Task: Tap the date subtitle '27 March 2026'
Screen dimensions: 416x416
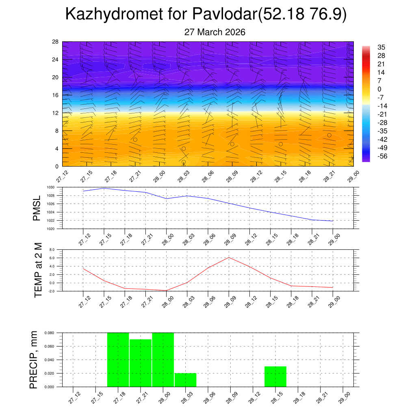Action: (x=214, y=32)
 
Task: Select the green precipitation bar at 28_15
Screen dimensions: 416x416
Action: (x=275, y=376)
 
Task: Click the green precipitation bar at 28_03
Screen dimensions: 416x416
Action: (x=186, y=379)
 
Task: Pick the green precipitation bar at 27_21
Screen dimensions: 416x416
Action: (x=140, y=362)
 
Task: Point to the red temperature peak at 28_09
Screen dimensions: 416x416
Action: (x=229, y=258)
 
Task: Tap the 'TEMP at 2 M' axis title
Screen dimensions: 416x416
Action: (x=38, y=270)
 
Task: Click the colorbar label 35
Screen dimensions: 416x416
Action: (x=381, y=47)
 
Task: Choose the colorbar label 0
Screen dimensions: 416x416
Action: (x=379, y=89)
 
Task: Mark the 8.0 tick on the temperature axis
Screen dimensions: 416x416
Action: (x=52, y=250)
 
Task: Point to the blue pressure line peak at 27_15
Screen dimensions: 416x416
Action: (x=104, y=188)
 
